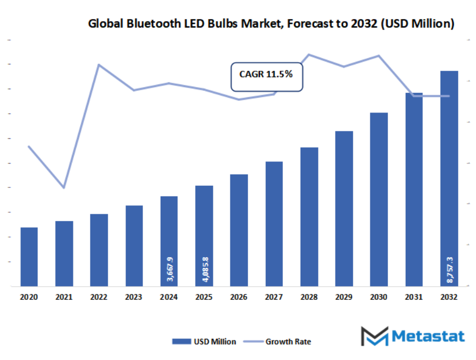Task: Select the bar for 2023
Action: coord(134,245)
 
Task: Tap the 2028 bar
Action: coord(310,216)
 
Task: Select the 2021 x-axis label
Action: coord(64,298)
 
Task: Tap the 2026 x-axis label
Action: coord(239,298)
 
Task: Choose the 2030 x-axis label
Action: coord(379,298)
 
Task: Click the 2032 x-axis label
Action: coord(449,298)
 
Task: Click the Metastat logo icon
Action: coord(374,336)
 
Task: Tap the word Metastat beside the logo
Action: coord(427,336)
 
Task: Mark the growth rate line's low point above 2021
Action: coord(64,187)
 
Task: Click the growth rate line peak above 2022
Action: coord(99,65)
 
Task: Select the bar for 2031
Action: coord(414,190)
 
